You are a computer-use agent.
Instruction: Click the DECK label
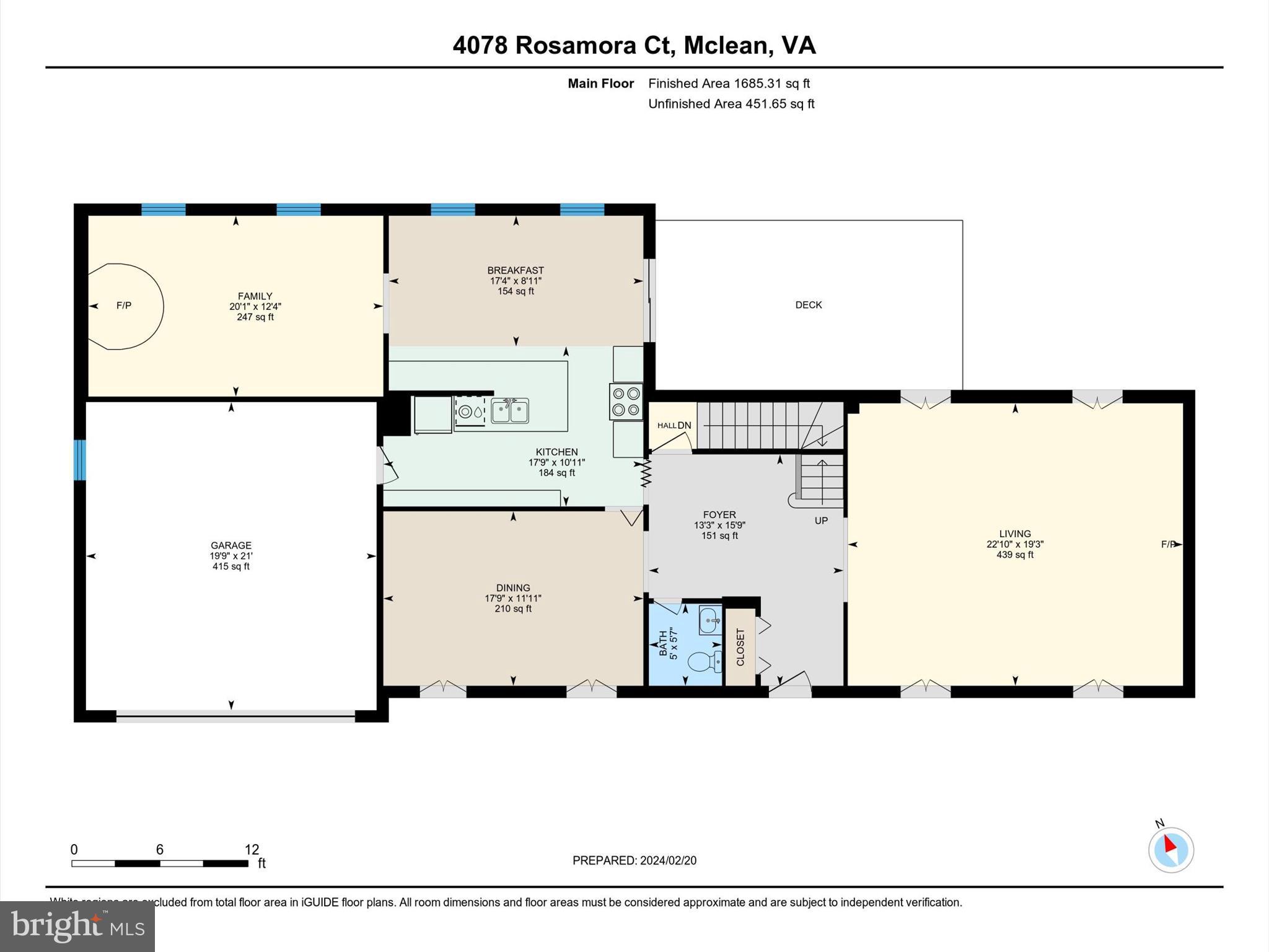tap(809, 305)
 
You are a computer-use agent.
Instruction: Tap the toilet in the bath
tap(705, 661)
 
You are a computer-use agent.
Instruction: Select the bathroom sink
tap(710, 620)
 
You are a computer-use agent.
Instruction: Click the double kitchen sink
tap(509, 410)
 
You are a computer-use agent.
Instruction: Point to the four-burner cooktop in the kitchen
tap(626, 402)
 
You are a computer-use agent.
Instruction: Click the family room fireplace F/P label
tap(124, 306)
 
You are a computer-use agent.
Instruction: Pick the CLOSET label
tap(740, 647)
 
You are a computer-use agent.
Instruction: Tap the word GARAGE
tap(231, 546)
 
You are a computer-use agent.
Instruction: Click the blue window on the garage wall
tap(79, 460)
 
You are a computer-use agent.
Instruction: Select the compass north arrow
tap(1170, 845)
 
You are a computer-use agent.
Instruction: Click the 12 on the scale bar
tap(252, 850)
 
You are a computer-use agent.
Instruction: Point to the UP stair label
tap(821, 521)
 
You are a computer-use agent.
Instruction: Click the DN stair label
tap(684, 425)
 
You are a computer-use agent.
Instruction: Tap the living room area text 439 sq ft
tap(1015, 555)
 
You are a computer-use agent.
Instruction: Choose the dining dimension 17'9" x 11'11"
tap(513, 598)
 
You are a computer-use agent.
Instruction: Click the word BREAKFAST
tap(516, 270)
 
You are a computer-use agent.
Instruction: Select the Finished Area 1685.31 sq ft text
tap(729, 84)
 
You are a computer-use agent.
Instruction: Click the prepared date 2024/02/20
tap(668, 860)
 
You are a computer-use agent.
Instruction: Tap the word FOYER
tap(719, 514)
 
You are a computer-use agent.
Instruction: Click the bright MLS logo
tap(77, 927)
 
